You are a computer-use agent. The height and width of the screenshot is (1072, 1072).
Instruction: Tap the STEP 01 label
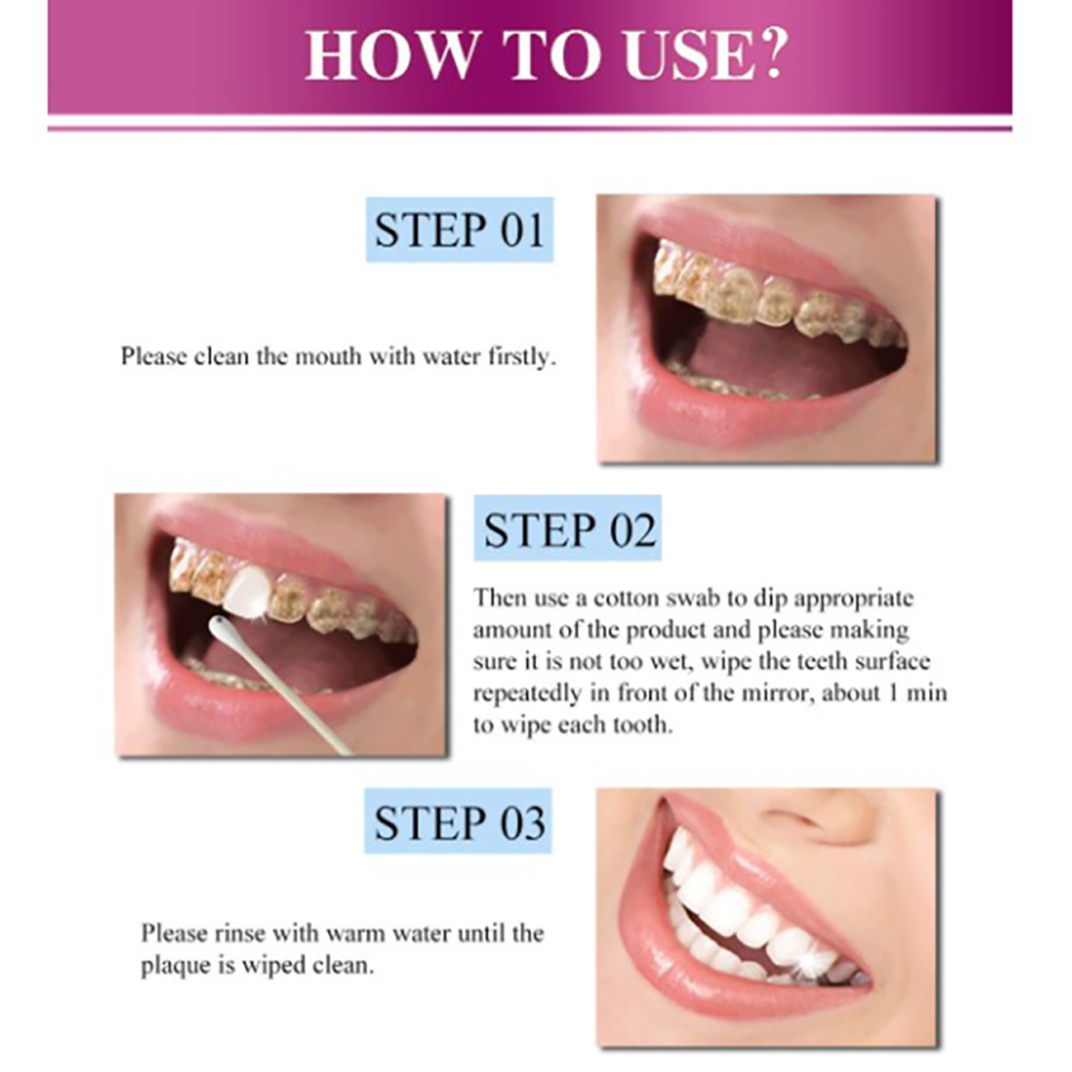point(459,229)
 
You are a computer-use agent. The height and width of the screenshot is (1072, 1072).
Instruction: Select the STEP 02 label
point(568,529)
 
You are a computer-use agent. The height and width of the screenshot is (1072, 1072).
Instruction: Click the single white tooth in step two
point(248,589)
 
